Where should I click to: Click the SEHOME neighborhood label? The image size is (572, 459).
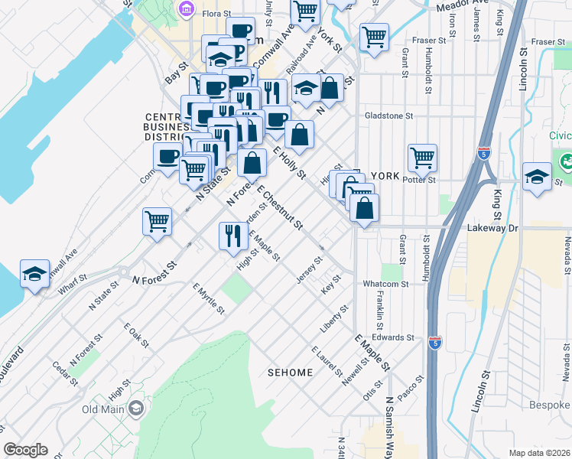pos(290,373)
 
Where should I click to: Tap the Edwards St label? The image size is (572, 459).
pos(393,337)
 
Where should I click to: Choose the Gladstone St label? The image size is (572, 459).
pos(388,116)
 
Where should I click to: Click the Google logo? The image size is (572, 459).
pos(25,450)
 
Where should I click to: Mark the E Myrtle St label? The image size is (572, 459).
pos(208,298)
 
